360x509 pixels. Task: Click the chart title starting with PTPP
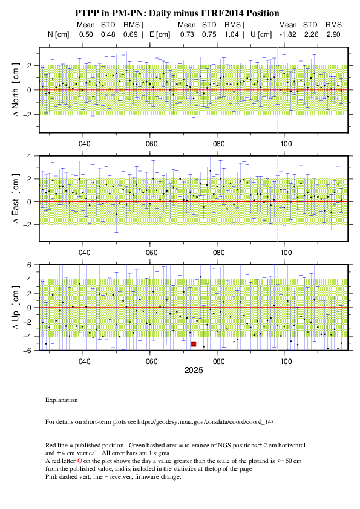177,13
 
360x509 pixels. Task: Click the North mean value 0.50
86,34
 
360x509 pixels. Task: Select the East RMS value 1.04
231,34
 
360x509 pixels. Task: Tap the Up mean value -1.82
287,34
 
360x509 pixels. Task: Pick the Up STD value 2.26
311,34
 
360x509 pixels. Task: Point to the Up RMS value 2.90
333,34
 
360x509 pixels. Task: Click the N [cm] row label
59,34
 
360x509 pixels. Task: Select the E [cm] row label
160,34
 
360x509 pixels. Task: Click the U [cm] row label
261,34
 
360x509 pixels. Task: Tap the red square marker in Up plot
194,344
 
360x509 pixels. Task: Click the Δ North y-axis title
16,90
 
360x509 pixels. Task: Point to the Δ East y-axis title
16,199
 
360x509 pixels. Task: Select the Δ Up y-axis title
16,307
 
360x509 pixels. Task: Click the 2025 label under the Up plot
194,371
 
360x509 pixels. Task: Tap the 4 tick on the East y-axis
29,156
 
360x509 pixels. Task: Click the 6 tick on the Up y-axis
29,265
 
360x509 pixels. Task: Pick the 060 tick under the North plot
151,144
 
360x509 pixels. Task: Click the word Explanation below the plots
61,400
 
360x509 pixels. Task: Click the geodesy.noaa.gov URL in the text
205,422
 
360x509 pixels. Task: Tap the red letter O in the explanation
80,461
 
